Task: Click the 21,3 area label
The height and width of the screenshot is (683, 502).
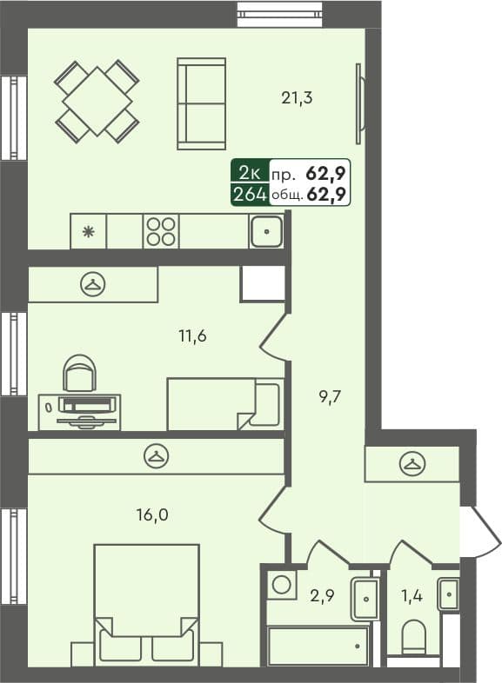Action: click(297, 98)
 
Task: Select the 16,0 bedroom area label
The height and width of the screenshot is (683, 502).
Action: click(151, 514)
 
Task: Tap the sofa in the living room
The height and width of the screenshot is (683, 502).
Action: click(201, 103)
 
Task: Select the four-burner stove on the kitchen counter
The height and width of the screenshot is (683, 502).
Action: click(161, 231)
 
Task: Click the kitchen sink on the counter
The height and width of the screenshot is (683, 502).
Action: click(265, 231)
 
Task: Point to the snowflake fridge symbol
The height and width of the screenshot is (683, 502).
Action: click(87, 232)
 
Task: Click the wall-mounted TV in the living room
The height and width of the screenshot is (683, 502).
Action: click(358, 104)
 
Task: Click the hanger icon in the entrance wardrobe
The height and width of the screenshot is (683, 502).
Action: click(412, 464)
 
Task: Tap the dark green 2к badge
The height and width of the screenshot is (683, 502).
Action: click(249, 172)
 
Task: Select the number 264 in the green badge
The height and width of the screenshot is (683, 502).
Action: click(249, 194)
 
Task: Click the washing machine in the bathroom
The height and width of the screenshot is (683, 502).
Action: click(281, 584)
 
